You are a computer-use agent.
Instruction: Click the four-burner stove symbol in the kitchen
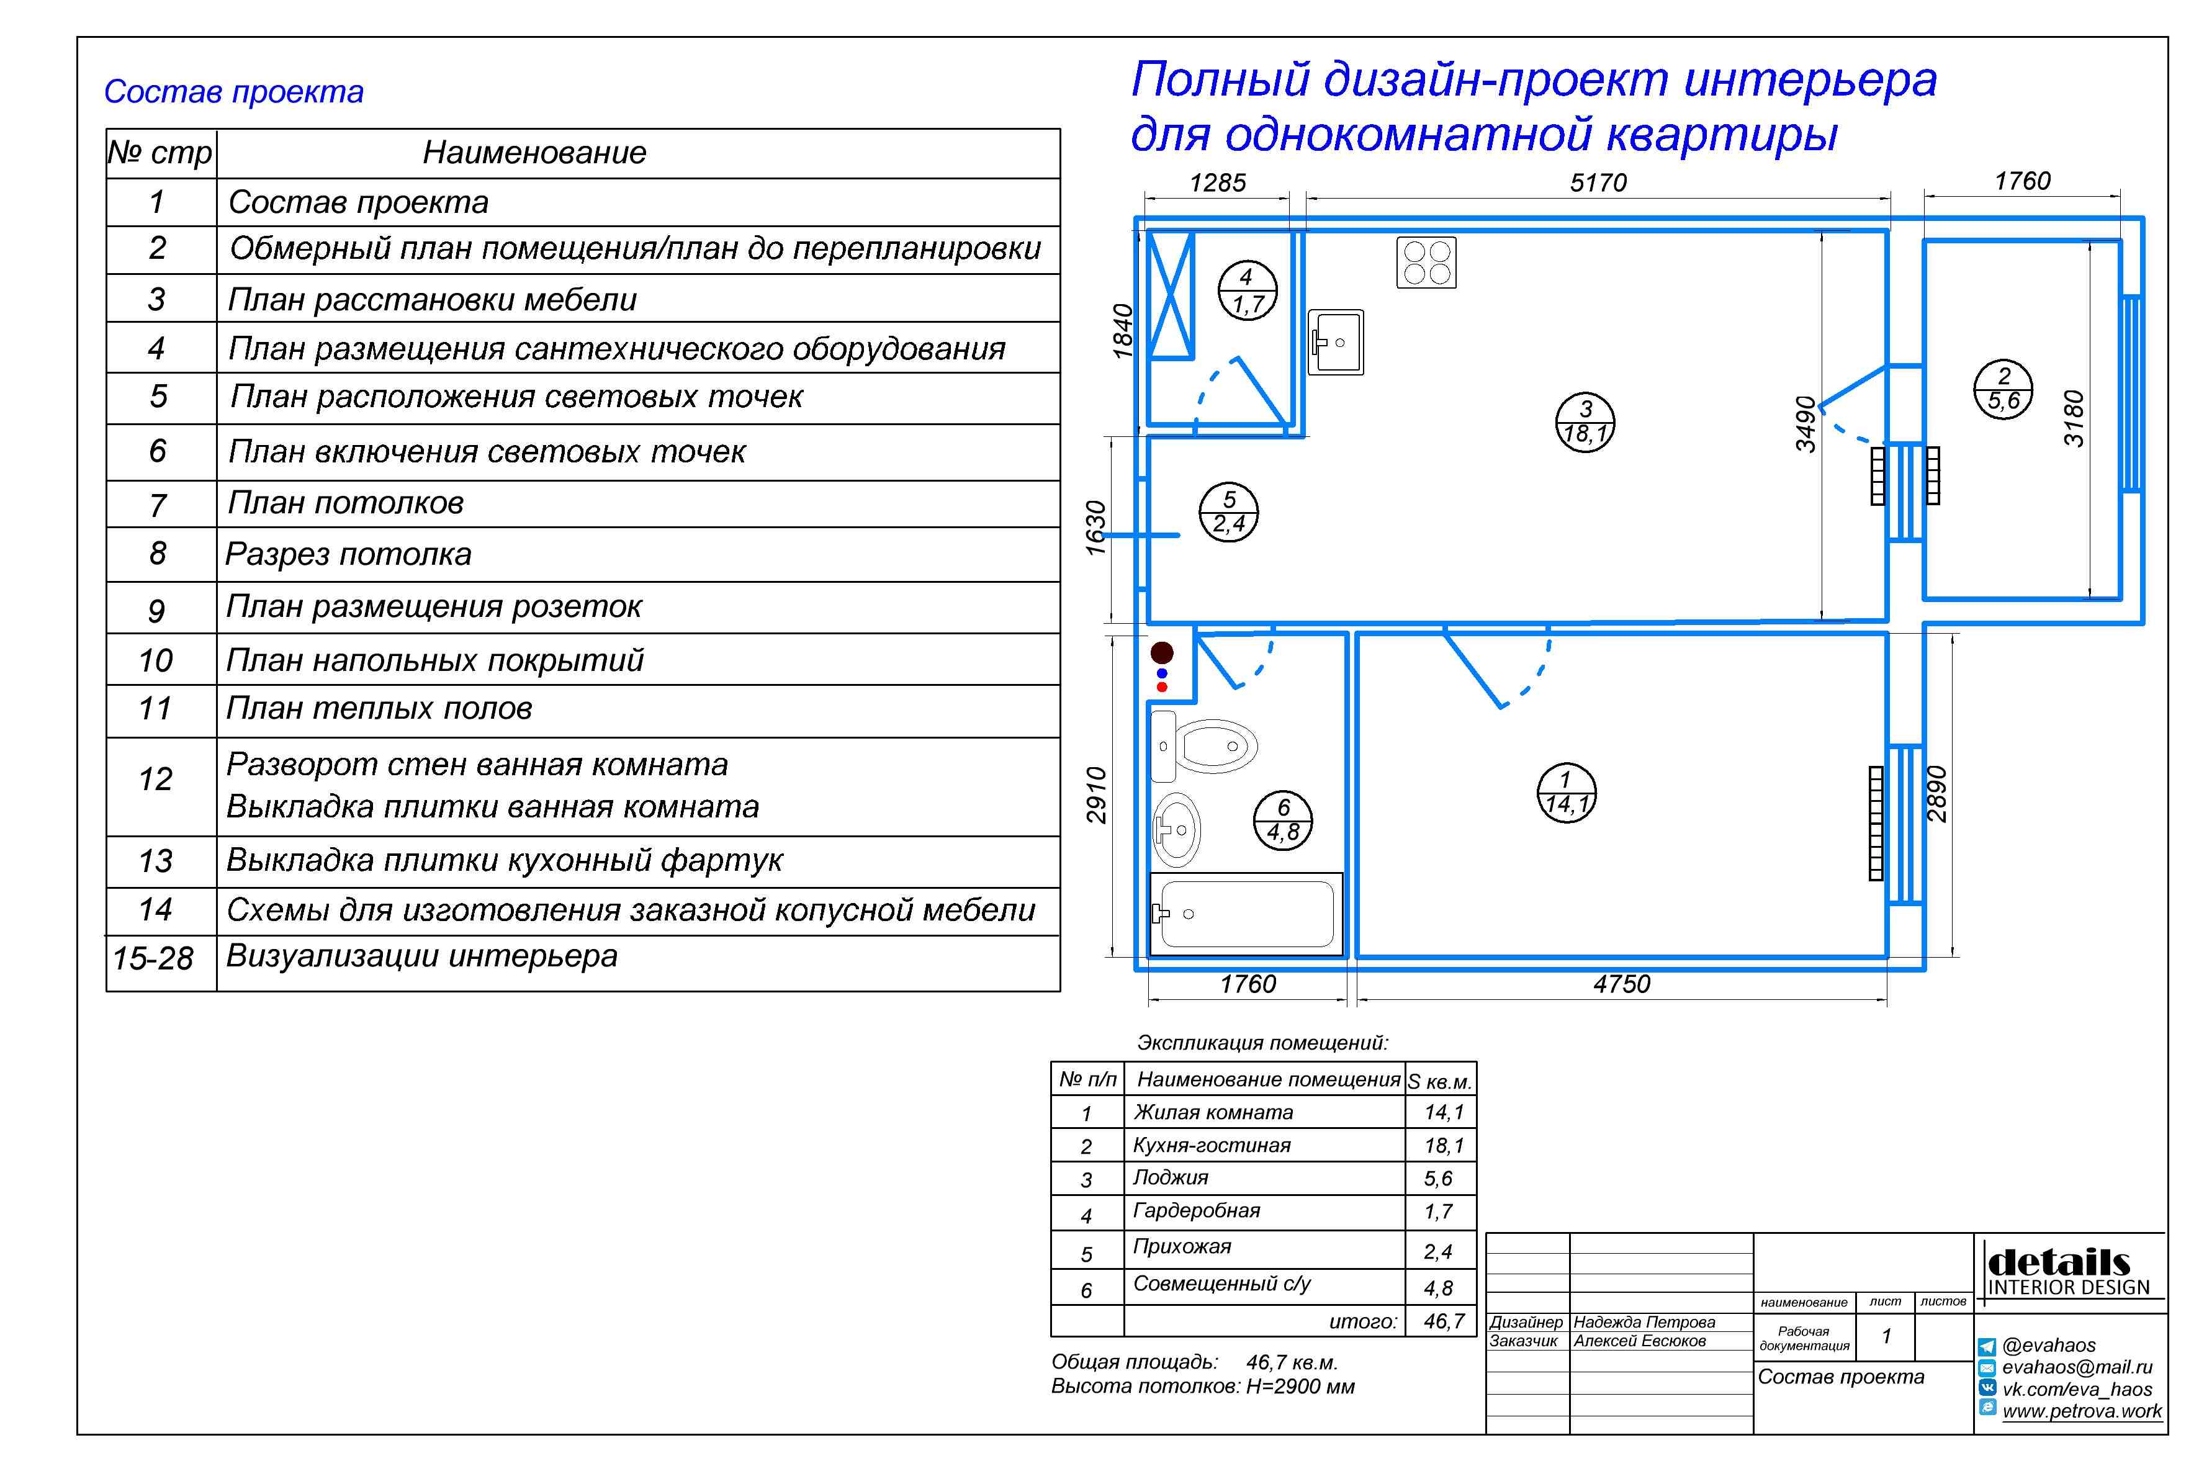click(x=1426, y=263)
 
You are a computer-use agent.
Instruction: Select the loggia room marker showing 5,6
click(x=2003, y=389)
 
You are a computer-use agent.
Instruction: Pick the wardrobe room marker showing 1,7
click(x=1248, y=290)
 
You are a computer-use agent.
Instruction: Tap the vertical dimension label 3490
click(x=1806, y=425)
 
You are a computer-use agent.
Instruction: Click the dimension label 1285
click(x=1217, y=182)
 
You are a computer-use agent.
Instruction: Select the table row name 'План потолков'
click(x=346, y=503)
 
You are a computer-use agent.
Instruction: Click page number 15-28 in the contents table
click(x=153, y=958)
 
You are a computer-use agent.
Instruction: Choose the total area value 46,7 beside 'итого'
click(x=1444, y=1321)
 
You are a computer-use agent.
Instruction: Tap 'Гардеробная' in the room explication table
click(x=1196, y=1211)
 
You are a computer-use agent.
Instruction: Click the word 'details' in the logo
click(x=2059, y=1262)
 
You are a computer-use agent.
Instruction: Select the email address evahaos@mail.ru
click(x=2077, y=1367)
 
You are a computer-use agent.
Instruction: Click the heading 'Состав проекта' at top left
click(x=234, y=92)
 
